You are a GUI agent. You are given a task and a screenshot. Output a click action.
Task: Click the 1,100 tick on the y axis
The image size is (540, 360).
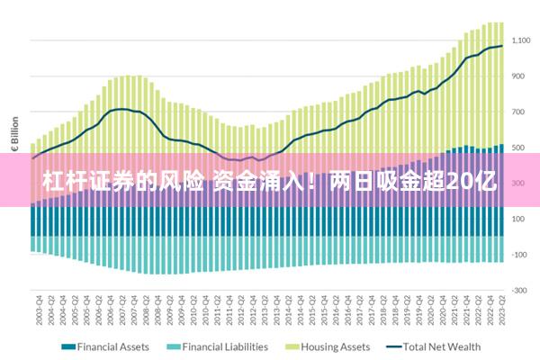[x=522, y=41]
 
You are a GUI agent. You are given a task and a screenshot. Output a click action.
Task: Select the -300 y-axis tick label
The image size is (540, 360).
[x=520, y=291]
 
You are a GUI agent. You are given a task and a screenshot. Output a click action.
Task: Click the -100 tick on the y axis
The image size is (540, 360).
[x=520, y=255]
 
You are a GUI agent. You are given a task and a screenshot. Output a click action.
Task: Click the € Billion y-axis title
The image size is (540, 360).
[x=13, y=133]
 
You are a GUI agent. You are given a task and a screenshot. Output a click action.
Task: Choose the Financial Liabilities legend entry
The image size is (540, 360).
[x=225, y=346]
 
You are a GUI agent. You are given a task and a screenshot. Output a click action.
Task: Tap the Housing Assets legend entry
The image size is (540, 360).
[x=335, y=346]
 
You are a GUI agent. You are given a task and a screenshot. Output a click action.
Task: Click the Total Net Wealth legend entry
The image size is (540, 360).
[x=441, y=346]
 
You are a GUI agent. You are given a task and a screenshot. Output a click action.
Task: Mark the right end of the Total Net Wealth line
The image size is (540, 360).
[x=502, y=46]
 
